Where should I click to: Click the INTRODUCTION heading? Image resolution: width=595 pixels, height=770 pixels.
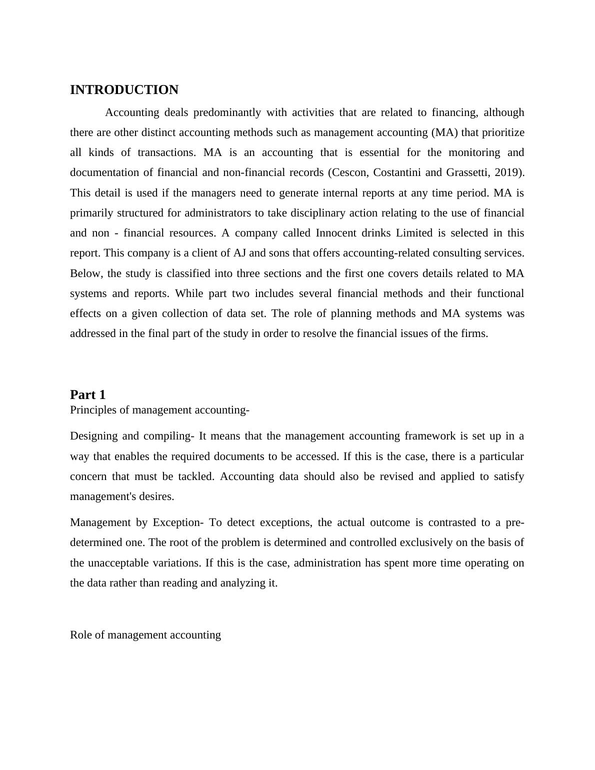coord(124,90)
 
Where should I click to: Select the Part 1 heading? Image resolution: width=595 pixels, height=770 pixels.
coord(87,394)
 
